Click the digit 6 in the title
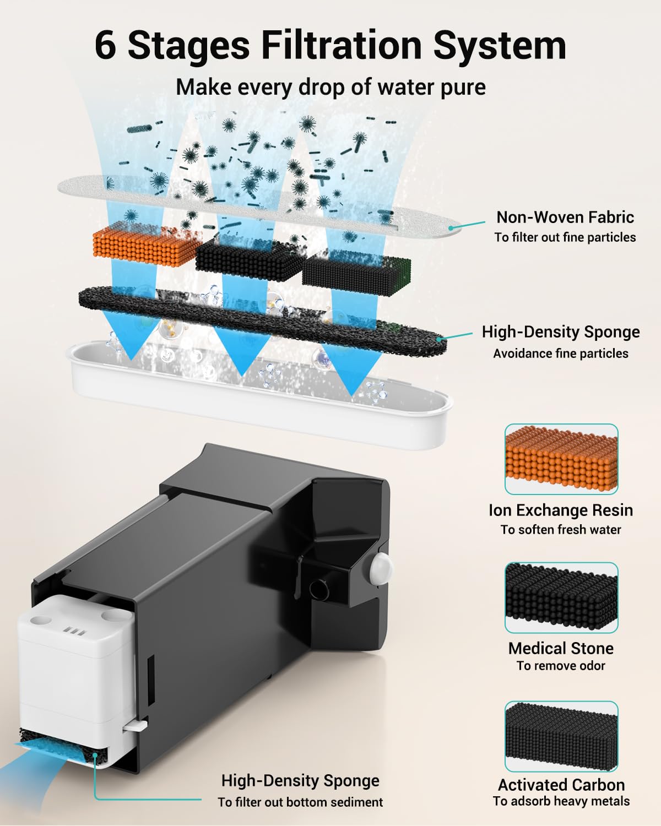click(105, 45)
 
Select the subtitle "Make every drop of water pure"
click(330, 87)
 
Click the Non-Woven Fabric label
click(565, 218)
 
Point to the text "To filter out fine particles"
click(565, 237)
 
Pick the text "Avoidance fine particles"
click(561, 353)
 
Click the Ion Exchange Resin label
click(561, 510)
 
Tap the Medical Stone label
click(561, 648)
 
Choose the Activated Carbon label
click(561, 785)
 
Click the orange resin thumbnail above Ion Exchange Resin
click(561, 459)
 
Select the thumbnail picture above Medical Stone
click(561, 597)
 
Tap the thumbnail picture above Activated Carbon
click(561, 736)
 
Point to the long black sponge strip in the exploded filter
click(263, 321)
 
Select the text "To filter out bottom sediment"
click(300, 802)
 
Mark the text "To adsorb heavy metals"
click(561, 801)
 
